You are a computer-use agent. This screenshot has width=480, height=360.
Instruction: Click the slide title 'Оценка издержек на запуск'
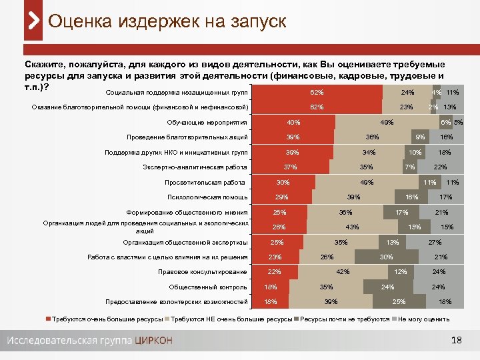pyautogui.click(x=167, y=21)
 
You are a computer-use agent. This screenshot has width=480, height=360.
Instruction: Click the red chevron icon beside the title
pyautogui.click(x=33, y=21)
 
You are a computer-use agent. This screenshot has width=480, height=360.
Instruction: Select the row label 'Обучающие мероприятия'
pyautogui.click(x=207, y=122)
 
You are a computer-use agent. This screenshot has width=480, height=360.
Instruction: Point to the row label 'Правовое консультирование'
pyautogui.click(x=203, y=271)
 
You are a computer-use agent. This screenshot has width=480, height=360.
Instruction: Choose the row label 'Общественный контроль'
pyautogui.click(x=208, y=287)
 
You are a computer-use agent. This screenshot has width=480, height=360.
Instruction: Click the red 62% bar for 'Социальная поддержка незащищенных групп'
pyautogui.click(x=317, y=92)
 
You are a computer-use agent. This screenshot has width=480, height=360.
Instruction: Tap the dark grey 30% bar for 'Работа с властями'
pyautogui.click(x=386, y=257)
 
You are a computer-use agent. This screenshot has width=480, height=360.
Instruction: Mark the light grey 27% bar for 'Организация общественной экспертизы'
pyautogui.click(x=435, y=242)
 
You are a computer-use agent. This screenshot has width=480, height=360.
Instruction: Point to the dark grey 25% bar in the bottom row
pyautogui.click(x=399, y=302)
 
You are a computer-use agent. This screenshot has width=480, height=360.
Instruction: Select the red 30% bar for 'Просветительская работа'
pyautogui.click(x=283, y=182)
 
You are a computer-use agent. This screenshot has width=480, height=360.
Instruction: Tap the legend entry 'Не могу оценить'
pyautogui.click(x=423, y=319)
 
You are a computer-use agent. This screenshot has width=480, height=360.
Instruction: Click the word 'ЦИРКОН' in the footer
pyautogui.click(x=153, y=341)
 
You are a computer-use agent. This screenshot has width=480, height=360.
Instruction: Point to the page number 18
pyautogui.click(x=456, y=341)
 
